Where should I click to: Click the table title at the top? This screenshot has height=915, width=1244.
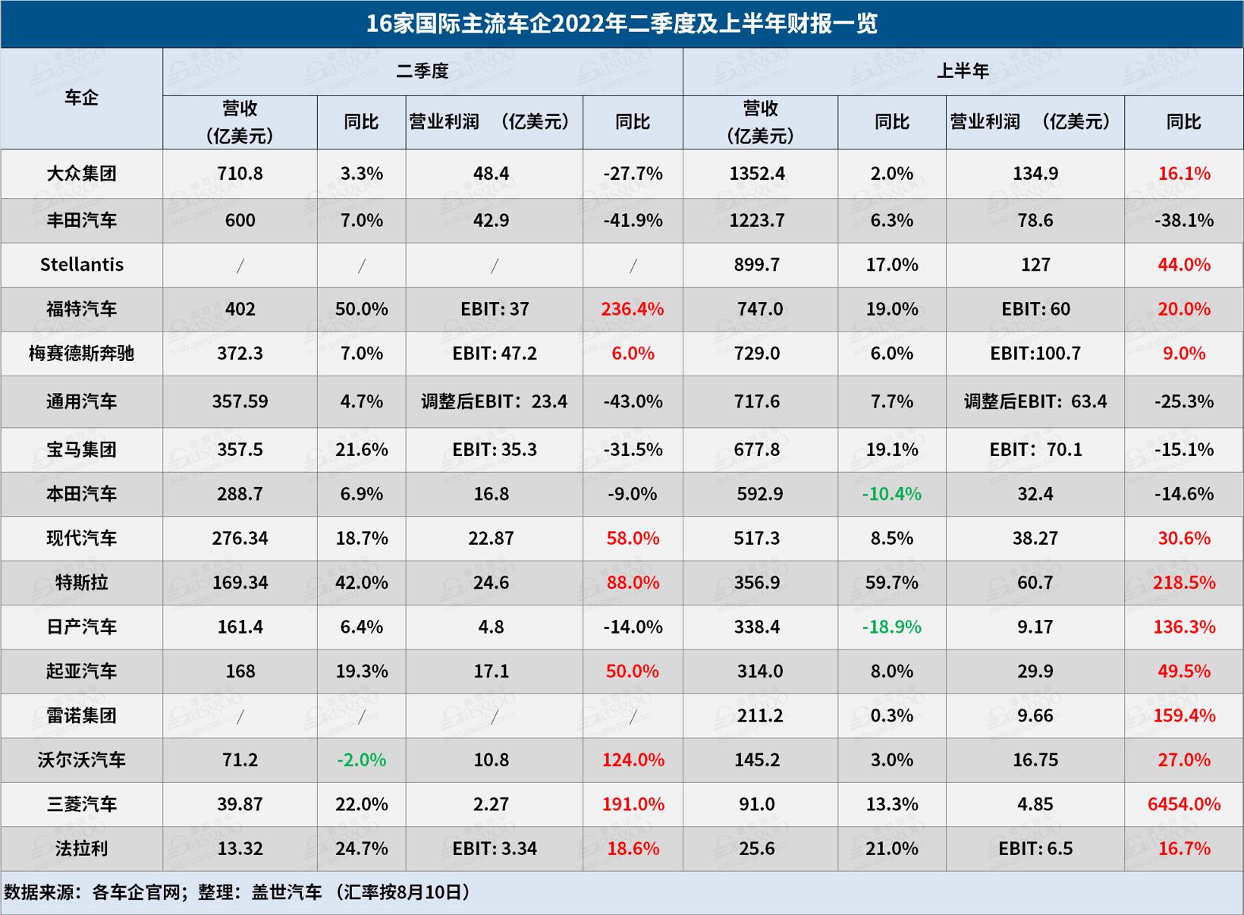click(621, 24)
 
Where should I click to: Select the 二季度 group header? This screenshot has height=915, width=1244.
click(423, 71)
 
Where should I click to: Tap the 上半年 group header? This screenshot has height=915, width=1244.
click(963, 71)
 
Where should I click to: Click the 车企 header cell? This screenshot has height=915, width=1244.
click(81, 98)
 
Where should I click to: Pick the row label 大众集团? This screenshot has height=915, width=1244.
click(81, 174)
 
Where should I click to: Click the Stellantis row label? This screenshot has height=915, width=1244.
click(81, 265)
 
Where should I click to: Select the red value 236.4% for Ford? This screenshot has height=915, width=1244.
click(632, 309)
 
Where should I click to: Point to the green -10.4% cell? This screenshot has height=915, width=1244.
click(891, 494)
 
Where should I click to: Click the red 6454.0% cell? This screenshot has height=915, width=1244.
click(1183, 804)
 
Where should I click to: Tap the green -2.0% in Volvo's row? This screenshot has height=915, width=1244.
click(361, 759)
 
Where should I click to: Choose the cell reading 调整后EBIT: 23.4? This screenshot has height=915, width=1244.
click(494, 401)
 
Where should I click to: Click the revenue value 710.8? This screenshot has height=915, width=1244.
click(240, 174)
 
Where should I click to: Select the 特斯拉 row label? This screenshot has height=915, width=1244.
click(81, 583)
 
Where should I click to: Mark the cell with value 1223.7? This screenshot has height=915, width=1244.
click(757, 221)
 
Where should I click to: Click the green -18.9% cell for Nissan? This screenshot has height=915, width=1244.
click(891, 627)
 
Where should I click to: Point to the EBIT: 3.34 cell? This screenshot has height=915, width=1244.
click(494, 848)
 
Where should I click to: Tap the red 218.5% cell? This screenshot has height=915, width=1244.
click(1183, 583)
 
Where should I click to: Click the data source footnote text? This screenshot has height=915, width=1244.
click(237, 892)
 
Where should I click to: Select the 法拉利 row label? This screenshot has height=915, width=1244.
click(81, 848)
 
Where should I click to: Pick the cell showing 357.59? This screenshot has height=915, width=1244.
click(240, 401)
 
